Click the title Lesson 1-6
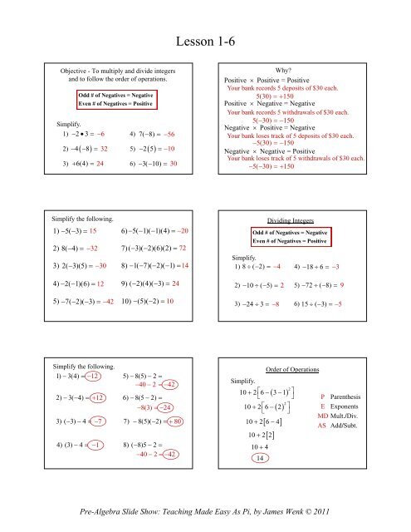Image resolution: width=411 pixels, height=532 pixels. pyautogui.click(x=205, y=39)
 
